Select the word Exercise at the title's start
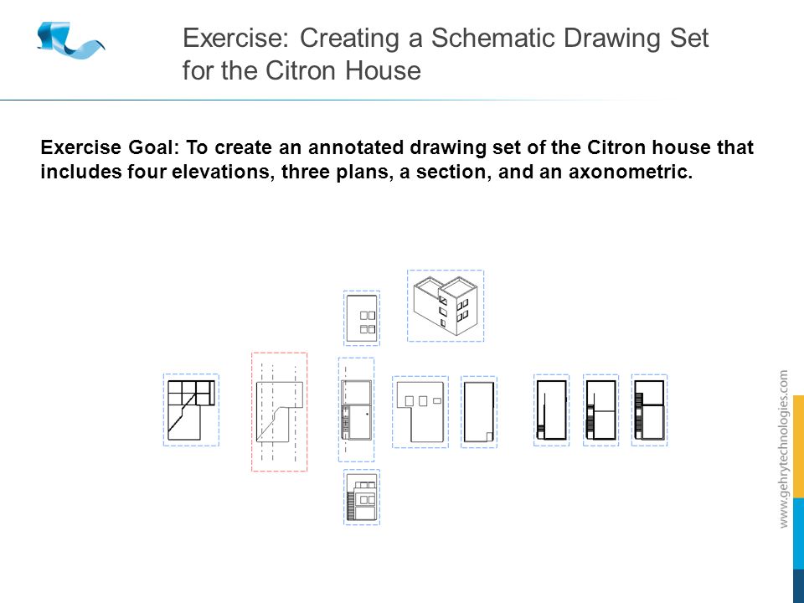coord(234,39)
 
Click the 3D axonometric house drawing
coord(445,306)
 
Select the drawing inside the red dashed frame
coord(279,412)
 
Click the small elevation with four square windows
coord(362,317)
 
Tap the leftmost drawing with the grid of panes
coord(191,410)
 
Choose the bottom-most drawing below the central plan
coord(362,497)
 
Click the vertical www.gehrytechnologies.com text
coord(784,449)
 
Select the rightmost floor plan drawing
coord(649,410)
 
